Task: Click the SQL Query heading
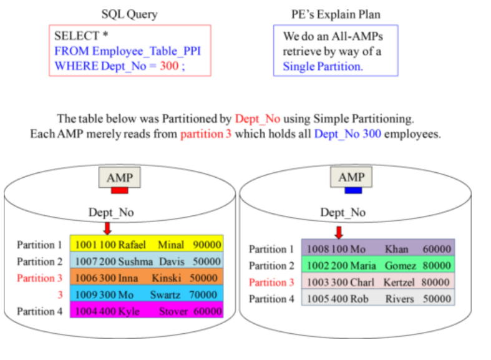coord(130,14)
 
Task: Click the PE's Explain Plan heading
coord(336,14)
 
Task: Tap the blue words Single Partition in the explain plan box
coord(322,66)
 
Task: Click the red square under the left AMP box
coord(120,190)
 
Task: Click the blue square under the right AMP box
coord(353,190)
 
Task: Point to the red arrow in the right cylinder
coord(339,232)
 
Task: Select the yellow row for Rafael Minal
coord(146,245)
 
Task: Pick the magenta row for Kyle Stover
coord(146,311)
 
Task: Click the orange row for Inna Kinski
coord(146,278)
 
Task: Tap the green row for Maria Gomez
coord(377,265)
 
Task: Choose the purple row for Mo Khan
coord(377,248)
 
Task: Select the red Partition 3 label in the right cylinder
coord(271,282)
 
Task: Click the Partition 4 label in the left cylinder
coord(40,311)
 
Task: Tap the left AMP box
coord(120,177)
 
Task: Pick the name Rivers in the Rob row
coord(399,299)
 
